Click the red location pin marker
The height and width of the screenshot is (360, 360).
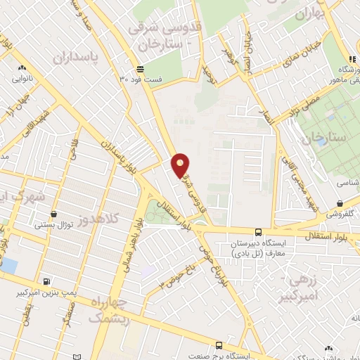(x=181, y=165)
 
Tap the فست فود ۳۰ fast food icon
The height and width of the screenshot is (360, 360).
(x=141, y=69)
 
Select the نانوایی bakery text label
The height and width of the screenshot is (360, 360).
(x=20, y=79)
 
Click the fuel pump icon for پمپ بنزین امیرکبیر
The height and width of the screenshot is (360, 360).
(x=47, y=282)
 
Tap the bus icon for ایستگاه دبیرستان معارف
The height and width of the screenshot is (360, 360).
(x=258, y=232)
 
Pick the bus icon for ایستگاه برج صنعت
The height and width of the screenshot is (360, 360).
(x=219, y=345)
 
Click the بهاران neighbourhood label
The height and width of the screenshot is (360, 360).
(x=310, y=13)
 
